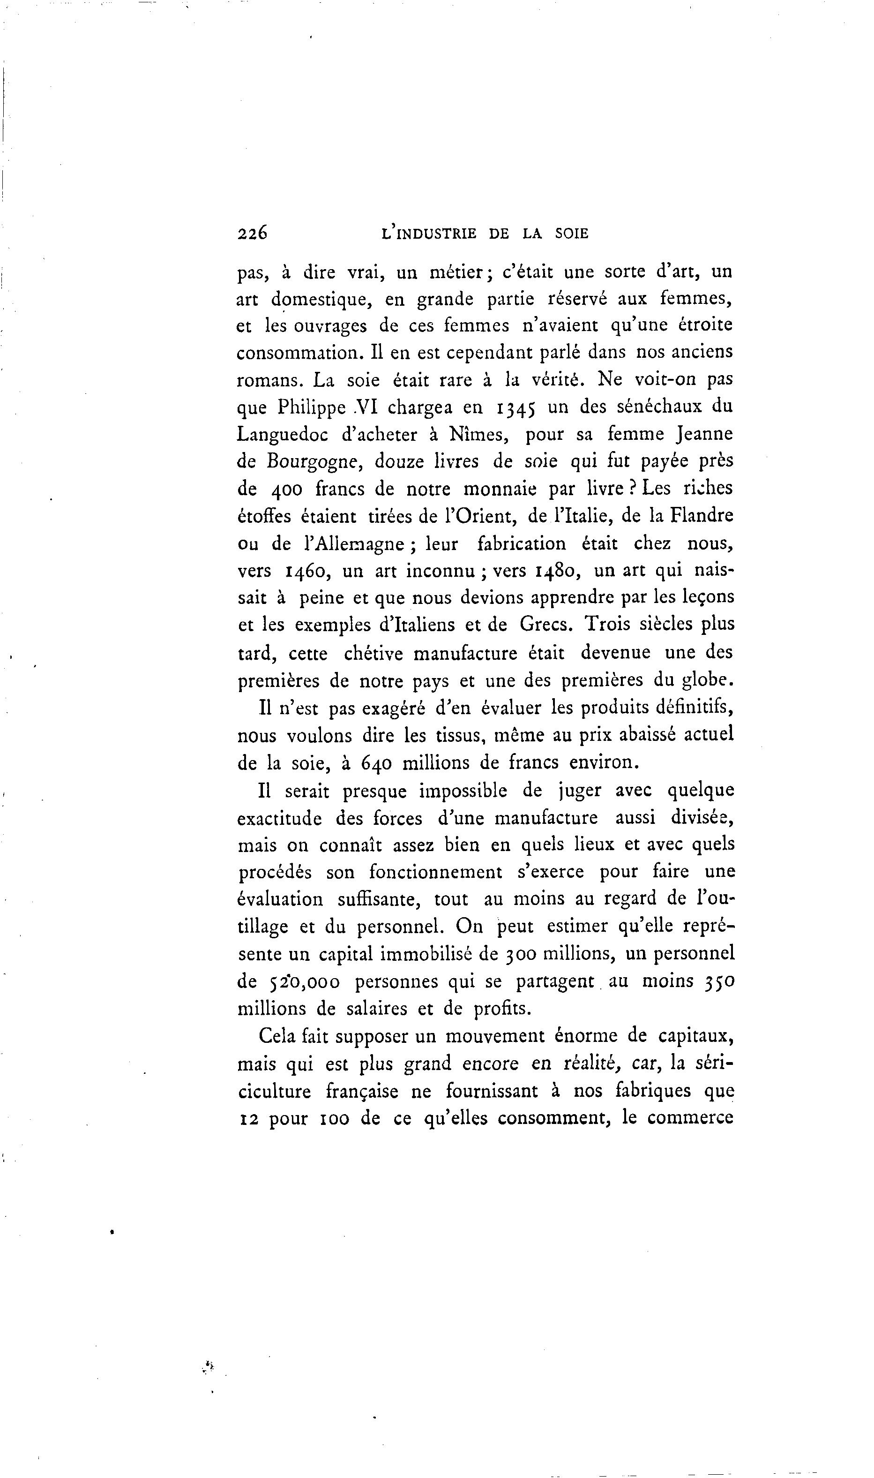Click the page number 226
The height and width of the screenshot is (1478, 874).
click(x=252, y=234)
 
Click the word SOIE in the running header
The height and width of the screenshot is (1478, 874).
click(x=571, y=234)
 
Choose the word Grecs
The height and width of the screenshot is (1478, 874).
click(x=545, y=625)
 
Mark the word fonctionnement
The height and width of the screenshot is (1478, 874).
click(x=436, y=872)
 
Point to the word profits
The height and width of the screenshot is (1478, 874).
click(x=502, y=1009)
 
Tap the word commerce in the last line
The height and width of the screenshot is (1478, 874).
click(x=690, y=1118)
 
